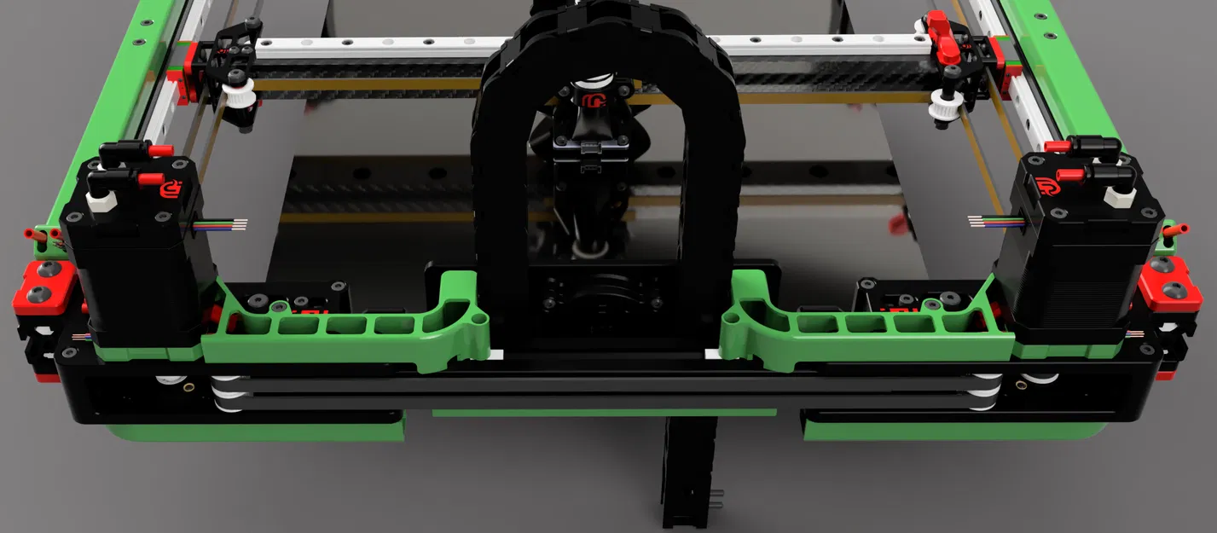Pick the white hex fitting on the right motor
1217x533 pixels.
pos(1119,195)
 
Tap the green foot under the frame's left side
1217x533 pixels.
pos(256,429)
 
